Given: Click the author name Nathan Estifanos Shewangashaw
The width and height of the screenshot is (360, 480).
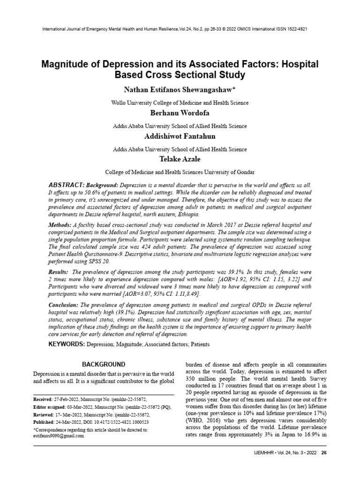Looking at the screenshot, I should pos(180,89).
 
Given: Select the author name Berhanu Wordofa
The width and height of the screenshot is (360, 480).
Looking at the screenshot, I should pos(180,114).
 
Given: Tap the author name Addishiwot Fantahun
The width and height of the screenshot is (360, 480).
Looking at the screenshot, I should pos(180,137).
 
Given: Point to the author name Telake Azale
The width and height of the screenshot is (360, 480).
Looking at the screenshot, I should pos(180,160).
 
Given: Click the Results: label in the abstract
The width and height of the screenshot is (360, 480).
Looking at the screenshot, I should pos(58,272).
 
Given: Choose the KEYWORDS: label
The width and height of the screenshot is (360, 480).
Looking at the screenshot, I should pos(66,345).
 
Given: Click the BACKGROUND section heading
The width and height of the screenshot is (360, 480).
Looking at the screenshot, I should pos(104,364).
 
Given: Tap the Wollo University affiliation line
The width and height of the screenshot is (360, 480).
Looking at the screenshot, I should pos(180,103).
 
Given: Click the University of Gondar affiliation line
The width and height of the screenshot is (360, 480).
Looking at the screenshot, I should pos(180,172).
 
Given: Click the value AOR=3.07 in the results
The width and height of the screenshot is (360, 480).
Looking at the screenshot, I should pos(139,293).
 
